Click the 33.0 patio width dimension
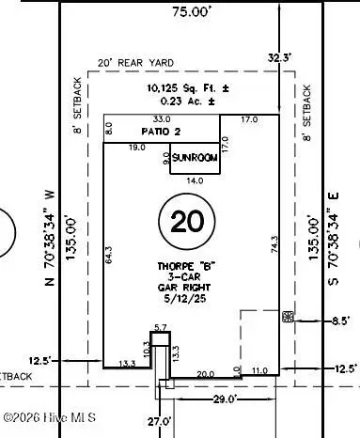pos(162,119)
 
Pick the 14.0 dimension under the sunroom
pos(195,180)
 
